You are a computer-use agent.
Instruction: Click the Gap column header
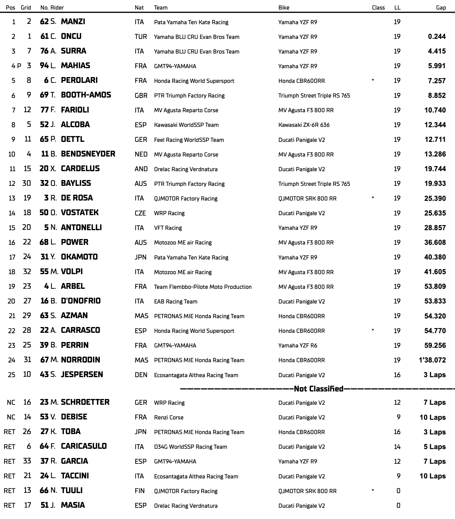pyautogui.click(x=441, y=8)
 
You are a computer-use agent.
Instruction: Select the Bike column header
pyautogui.click(x=284, y=8)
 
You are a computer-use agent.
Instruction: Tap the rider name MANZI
pyautogui.click(x=73, y=21)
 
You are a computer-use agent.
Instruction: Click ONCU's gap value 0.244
pyautogui.click(x=437, y=36)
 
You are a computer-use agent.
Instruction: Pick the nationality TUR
pyautogui.click(x=141, y=36)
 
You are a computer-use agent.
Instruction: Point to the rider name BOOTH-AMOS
pyautogui.click(x=86, y=95)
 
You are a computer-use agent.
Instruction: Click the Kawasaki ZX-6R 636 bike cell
pyautogui.click(x=304, y=125)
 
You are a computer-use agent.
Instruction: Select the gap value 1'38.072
pyautogui.click(x=432, y=360)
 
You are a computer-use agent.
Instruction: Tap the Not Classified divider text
pyautogui.click(x=318, y=389)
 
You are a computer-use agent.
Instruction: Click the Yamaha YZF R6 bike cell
pyautogui.click(x=298, y=345)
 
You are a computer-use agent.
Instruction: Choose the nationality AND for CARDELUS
pyautogui.click(x=141, y=169)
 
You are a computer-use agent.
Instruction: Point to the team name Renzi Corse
pyautogui.click(x=169, y=417)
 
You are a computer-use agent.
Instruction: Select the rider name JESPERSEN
pyautogui.click(x=82, y=374)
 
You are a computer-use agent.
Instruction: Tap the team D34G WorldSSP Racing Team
pyautogui.click(x=190, y=447)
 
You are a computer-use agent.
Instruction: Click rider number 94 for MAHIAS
pyautogui.click(x=44, y=66)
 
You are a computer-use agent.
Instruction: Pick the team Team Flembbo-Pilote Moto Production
pyautogui.click(x=203, y=287)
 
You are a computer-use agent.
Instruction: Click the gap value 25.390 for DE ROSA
pyautogui.click(x=435, y=198)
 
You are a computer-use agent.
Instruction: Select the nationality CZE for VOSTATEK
pyautogui.click(x=140, y=213)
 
